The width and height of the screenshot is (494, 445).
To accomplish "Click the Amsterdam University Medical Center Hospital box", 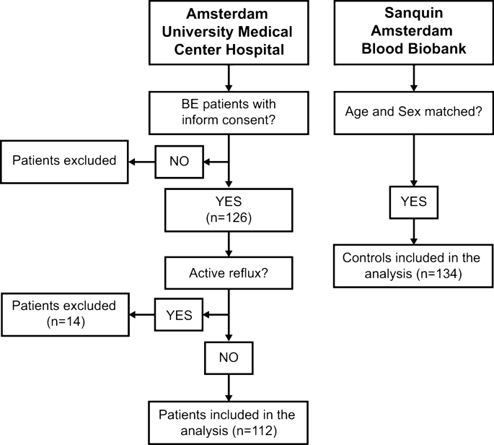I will point(228,33).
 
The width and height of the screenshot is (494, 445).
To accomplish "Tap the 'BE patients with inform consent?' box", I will point(228,111).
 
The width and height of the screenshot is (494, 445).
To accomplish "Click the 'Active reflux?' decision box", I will point(228,275).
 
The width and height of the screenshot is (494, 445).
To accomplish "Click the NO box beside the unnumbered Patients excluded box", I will point(178,160).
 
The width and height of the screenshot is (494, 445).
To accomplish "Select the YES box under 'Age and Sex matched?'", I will point(414,202).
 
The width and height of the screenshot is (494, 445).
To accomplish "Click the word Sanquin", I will point(414,14).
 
